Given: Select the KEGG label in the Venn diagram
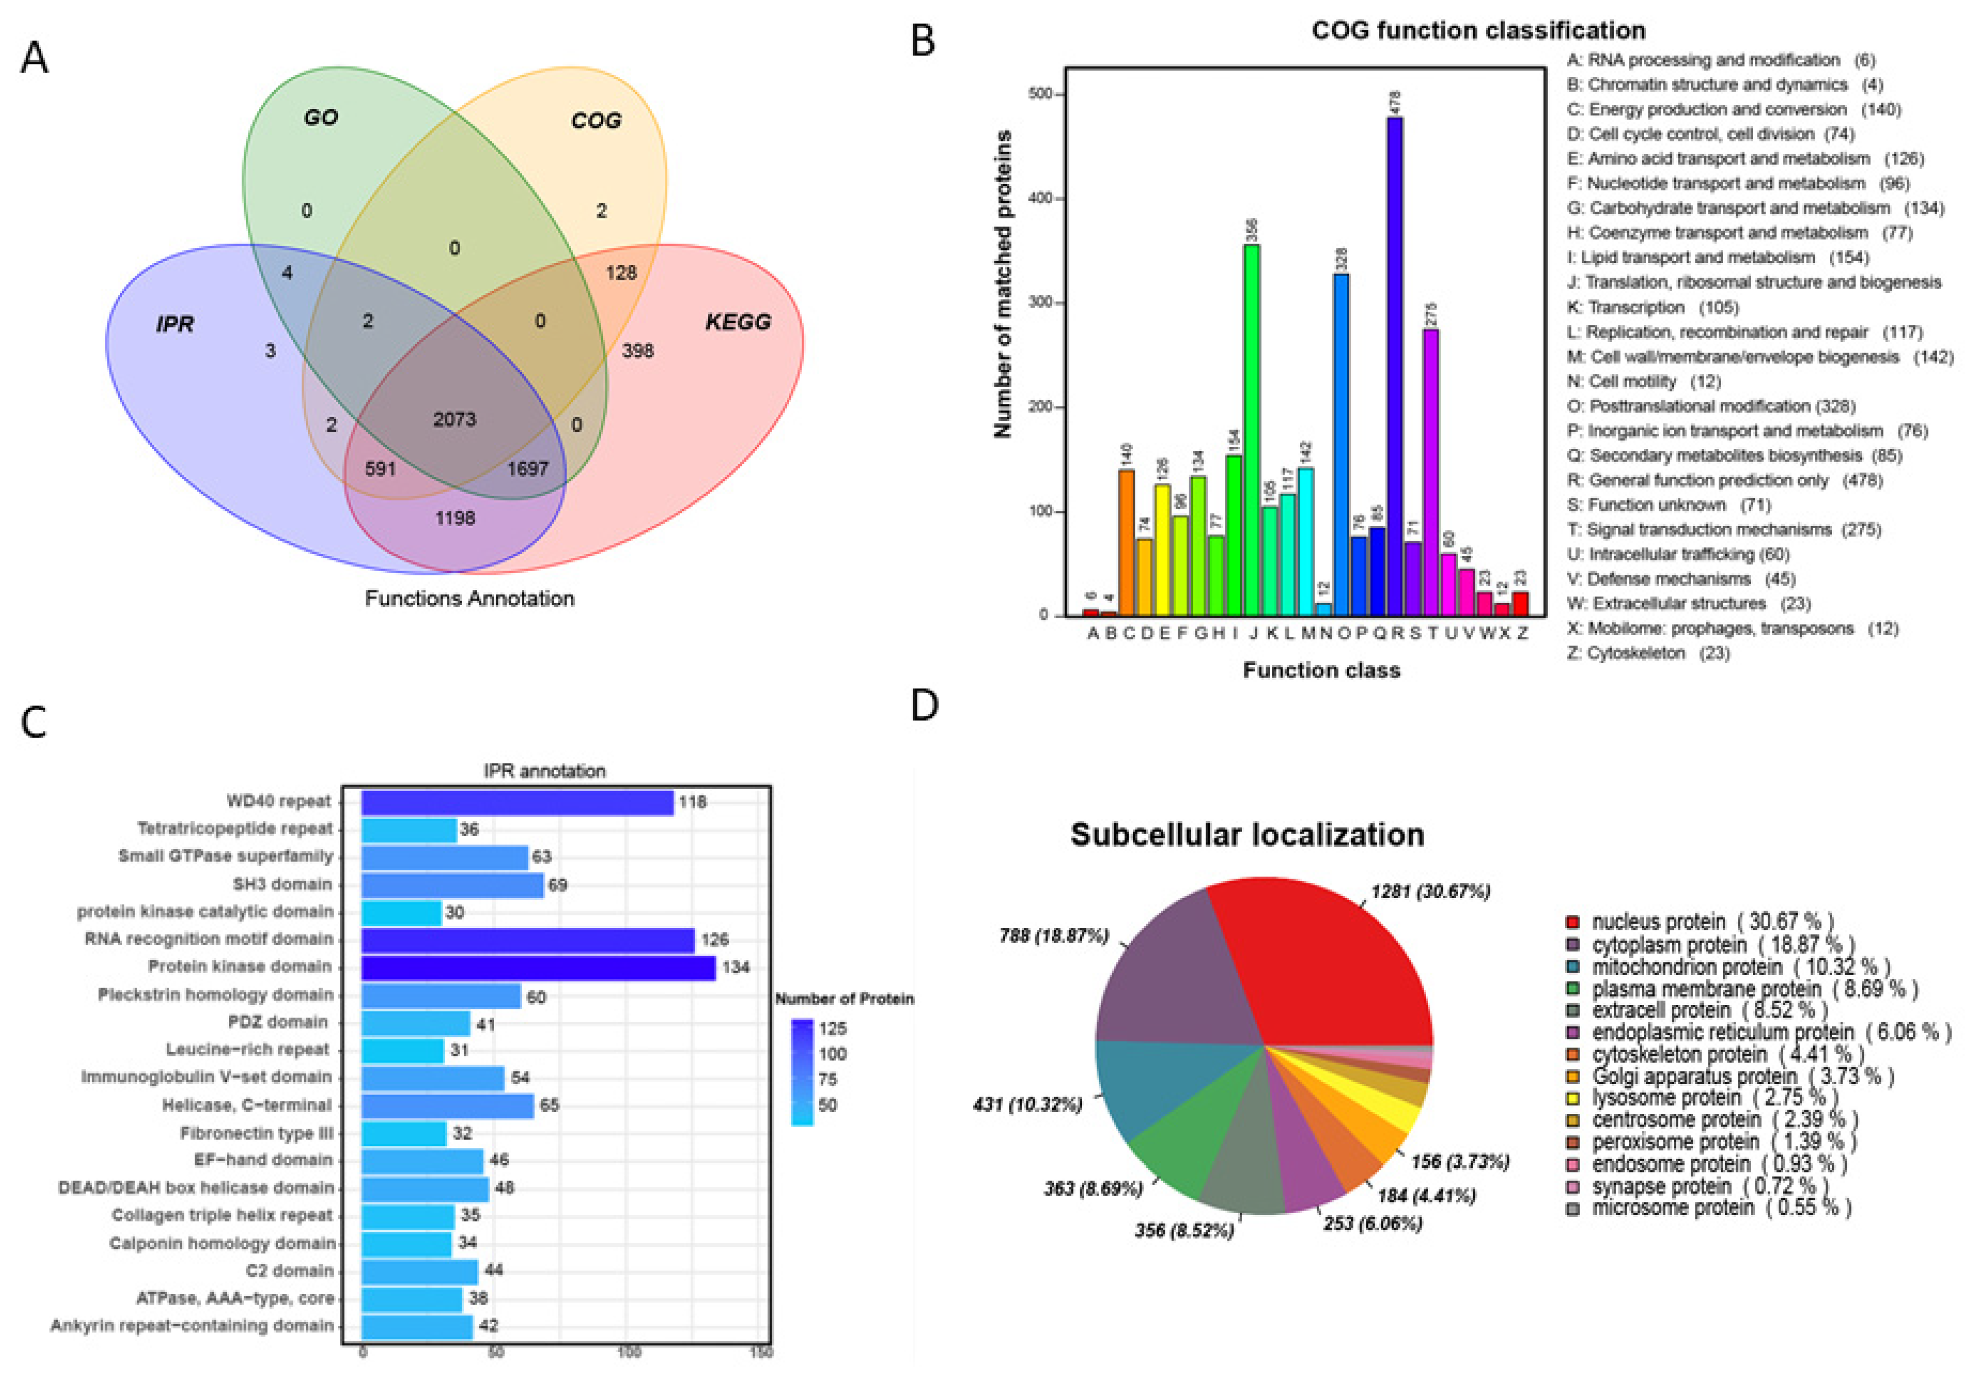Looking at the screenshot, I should (737, 322).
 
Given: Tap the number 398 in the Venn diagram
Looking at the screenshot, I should (638, 351).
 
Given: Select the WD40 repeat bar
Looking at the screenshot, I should (517, 802).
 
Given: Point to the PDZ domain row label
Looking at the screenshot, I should (278, 1022).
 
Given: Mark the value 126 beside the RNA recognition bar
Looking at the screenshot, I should (714, 939).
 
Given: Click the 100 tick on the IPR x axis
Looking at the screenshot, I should (628, 1352).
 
